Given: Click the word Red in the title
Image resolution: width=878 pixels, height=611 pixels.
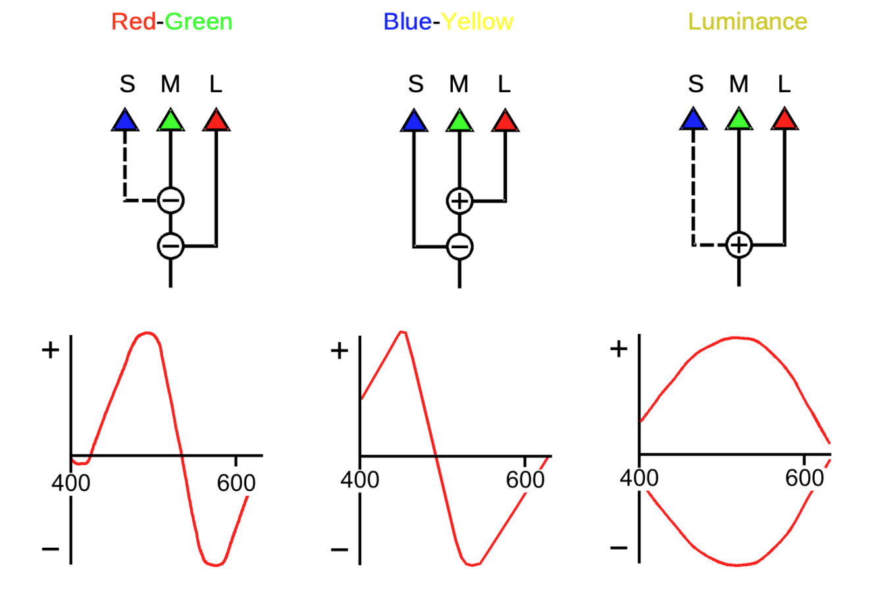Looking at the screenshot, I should point(133,22).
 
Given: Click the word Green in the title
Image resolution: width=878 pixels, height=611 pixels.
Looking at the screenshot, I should point(198,22).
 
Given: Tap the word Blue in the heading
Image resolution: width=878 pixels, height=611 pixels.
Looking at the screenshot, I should point(407,22).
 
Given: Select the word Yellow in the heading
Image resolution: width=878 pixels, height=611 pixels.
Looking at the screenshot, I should point(477,22).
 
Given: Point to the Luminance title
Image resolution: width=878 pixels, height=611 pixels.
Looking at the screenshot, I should point(747,22).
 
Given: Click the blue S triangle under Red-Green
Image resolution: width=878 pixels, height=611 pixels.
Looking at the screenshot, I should point(125,121).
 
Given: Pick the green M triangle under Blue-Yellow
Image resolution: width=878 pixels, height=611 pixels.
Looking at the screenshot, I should point(459,121).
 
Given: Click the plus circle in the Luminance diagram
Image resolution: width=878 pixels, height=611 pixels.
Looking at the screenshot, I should point(739,245).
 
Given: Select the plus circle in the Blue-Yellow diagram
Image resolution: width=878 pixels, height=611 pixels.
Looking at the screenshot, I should point(459,201).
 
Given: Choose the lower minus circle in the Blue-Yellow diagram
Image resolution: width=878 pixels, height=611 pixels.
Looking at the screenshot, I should point(459,247).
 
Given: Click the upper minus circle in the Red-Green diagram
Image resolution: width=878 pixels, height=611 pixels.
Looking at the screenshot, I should point(170,200).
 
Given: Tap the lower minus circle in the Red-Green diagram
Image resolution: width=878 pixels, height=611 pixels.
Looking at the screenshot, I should point(170,246).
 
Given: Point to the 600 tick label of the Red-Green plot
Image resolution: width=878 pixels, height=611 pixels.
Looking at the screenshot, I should point(236,483).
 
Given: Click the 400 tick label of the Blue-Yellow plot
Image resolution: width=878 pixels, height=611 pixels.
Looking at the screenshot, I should point(359,480).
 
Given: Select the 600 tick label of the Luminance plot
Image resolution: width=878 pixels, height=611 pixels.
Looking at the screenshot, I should point(804,478).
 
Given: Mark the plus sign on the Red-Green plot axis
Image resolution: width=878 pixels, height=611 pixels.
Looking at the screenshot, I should point(50,350).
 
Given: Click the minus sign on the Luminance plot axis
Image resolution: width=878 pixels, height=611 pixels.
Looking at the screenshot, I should point(619,548).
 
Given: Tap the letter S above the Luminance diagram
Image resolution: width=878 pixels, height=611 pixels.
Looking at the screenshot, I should point(696,84).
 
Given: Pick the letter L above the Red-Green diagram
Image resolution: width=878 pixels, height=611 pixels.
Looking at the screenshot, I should point(216,84).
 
